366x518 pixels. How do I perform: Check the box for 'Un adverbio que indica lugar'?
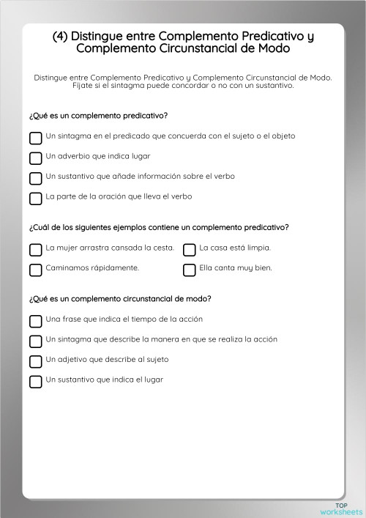35,158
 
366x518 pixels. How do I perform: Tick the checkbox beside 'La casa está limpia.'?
189,249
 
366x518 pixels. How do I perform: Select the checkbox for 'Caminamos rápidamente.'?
35,270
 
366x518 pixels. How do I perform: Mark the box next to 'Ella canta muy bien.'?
189,270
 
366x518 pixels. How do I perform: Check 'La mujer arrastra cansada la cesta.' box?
35,249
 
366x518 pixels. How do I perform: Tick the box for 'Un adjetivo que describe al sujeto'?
35,361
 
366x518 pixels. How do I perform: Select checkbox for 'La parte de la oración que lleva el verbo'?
35,198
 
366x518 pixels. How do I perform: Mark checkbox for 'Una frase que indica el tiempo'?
35,321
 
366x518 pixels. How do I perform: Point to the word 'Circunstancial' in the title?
192,49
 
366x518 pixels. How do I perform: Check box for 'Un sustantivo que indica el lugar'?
35,381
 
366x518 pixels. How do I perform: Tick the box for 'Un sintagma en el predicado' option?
35,138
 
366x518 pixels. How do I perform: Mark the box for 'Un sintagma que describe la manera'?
35,341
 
